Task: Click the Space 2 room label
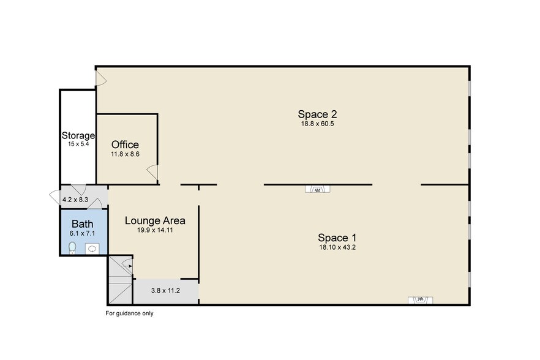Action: point(317,114)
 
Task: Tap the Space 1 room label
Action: point(337,238)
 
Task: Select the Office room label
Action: point(125,144)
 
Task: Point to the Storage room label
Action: point(78,135)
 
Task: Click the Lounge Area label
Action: point(155,220)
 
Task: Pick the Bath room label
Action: point(82,224)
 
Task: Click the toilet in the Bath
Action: point(72,248)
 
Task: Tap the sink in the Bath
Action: point(92,249)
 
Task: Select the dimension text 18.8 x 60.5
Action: point(317,124)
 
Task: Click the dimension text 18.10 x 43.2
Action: point(337,247)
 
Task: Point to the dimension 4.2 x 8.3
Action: point(75,200)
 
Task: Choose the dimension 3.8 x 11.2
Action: point(165,290)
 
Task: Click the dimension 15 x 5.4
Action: point(78,144)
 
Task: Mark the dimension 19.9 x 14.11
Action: point(155,230)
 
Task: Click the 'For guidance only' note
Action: point(129,313)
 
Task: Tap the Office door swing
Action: point(152,173)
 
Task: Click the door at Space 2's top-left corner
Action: point(101,78)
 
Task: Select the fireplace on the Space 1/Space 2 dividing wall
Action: point(317,189)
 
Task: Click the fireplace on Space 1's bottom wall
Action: point(420,300)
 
